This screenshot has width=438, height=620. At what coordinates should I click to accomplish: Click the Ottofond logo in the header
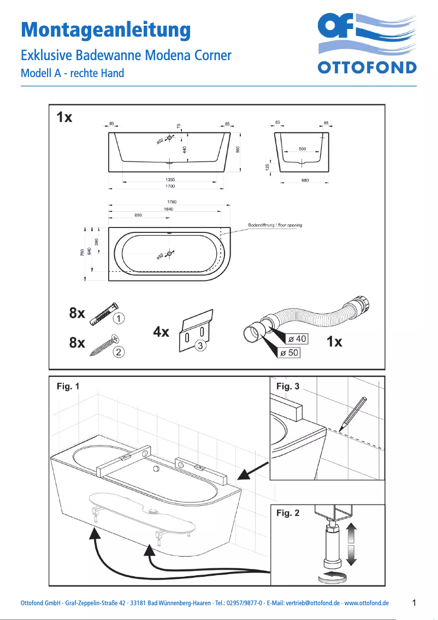click(x=367, y=44)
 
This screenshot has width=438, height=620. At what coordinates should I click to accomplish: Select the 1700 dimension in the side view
click(x=170, y=186)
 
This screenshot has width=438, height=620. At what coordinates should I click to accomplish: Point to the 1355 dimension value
click(x=170, y=179)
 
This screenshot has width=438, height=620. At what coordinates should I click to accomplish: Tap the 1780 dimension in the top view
click(x=171, y=202)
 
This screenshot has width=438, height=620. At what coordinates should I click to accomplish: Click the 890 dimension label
click(x=138, y=215)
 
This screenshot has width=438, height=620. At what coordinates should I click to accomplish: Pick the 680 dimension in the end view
click(x=305, y=180)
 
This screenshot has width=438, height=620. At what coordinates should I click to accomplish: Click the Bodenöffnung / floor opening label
click(x=275, y=225)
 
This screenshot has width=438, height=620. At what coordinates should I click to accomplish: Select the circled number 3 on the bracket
click(x=201, y=346)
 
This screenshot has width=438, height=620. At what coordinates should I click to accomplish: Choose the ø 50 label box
click(x=289, y=353)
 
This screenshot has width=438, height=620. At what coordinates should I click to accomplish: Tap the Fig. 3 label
click(x=288, y=387)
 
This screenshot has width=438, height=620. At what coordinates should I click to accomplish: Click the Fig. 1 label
click(x=68, y=387)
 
